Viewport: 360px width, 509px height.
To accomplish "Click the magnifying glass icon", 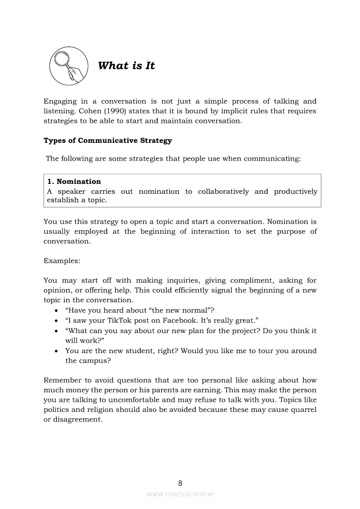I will (67, 66).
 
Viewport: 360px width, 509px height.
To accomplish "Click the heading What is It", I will (126, 66).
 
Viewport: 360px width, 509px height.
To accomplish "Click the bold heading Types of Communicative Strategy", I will (108, 141).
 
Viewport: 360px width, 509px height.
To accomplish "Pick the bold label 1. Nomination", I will (74, 182).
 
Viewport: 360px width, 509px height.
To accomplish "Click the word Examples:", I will (62, 261).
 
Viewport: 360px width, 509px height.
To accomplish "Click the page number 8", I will (180, 483).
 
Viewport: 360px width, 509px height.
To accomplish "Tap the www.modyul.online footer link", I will (180, 494).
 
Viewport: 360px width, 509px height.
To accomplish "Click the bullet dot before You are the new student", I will (57, 351).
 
